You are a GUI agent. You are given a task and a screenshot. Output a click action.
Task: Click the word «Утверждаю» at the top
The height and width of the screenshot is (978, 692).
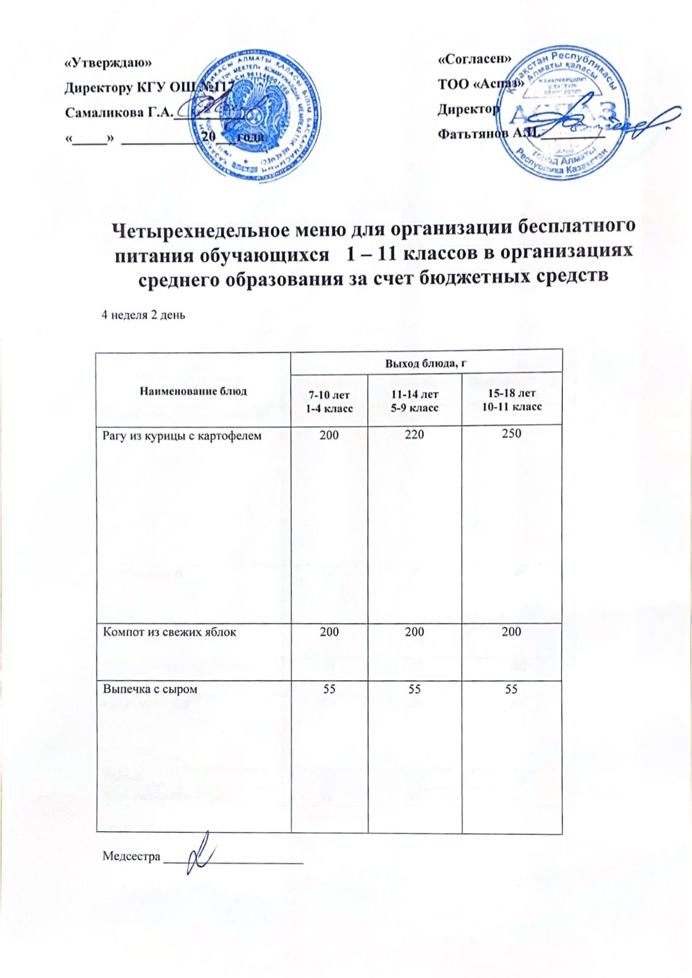[107, 62]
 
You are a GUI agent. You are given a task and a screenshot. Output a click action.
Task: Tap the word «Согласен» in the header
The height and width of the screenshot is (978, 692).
[474, 59]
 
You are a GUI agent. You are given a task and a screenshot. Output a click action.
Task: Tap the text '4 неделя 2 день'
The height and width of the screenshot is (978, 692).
[143, 315]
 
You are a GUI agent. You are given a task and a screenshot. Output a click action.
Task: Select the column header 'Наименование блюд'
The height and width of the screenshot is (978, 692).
[193, 391]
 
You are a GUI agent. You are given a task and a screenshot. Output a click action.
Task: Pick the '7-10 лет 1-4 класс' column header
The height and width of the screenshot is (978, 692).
[329, 401]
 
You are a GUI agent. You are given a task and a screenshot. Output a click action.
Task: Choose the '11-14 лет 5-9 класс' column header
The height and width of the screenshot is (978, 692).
[415, 400]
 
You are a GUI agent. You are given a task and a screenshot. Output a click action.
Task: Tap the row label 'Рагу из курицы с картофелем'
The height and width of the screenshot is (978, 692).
[182, 436]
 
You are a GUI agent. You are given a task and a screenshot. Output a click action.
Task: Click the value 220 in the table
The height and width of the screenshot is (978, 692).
[414, 435]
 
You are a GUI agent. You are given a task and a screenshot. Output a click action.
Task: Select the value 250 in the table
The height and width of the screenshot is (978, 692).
[512, 433]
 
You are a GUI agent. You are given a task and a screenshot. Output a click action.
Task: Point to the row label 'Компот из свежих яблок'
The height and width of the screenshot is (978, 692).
[169, 631]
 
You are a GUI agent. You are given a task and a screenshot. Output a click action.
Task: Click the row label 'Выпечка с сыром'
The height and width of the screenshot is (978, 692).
[150, 689]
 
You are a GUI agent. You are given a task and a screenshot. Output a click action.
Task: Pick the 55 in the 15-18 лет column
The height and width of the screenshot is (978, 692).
[511, 689]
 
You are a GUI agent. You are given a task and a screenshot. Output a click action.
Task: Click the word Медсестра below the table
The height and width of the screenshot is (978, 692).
[131, 856]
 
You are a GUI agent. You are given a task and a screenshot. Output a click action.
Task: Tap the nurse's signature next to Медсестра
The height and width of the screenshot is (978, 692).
[200, 853]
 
